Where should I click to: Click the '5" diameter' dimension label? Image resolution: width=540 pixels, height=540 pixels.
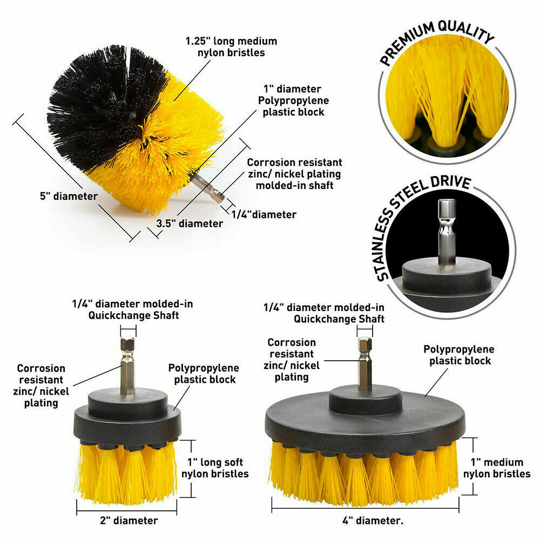(69, 197)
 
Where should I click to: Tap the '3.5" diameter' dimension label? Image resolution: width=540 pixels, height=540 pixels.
(190, 224)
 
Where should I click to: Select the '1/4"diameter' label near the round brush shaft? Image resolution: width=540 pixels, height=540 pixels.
(264, 214)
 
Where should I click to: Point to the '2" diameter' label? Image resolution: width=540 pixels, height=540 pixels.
(129, 521)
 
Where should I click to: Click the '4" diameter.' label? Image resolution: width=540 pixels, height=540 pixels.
(373, 521)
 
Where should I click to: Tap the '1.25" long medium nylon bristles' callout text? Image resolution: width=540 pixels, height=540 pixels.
(231, 47)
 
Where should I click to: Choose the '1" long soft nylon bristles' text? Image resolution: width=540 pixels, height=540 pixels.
(215, 468)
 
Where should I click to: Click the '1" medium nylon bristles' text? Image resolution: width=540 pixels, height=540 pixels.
(497, 468)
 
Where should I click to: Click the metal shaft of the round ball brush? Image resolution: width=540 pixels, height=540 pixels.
(208, 188)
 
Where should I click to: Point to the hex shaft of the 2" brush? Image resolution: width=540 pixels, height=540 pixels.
(127, 365)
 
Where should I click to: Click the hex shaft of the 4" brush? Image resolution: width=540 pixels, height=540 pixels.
(365, 363)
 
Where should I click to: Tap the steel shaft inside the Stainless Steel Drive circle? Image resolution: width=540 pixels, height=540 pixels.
(447, 232)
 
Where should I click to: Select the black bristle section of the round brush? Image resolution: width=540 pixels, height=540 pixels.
(103, 103)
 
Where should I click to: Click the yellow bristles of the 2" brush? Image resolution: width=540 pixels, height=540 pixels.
(126, 472)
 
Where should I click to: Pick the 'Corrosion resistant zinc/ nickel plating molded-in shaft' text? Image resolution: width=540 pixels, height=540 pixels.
(294, 174)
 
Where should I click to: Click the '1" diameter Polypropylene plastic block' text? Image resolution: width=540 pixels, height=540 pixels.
(293, 100)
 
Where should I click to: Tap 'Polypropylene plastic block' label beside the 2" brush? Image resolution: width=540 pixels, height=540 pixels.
(204, 374)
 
